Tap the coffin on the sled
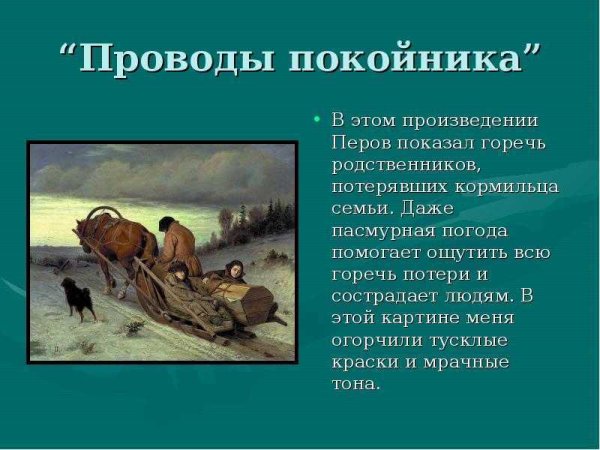click(x=246, y=298)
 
